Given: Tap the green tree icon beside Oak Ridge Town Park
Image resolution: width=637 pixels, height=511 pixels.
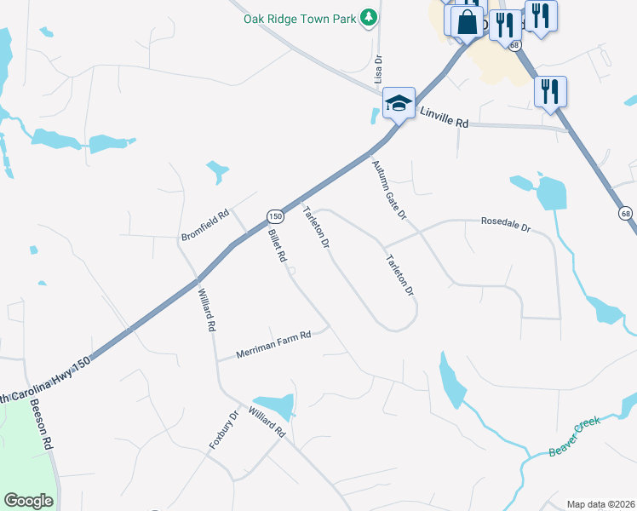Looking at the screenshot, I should coord(368,17).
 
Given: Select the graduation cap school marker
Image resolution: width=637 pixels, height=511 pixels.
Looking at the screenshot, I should coord(398,103).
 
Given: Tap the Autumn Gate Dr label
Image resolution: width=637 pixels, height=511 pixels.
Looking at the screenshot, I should coord(387,190).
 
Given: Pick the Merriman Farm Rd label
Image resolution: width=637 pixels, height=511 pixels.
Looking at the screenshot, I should coord(274,342).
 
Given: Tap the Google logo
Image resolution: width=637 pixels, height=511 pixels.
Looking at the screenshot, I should coord(29,501).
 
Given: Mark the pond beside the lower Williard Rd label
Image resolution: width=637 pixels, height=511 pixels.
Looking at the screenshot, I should coord(274,406).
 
